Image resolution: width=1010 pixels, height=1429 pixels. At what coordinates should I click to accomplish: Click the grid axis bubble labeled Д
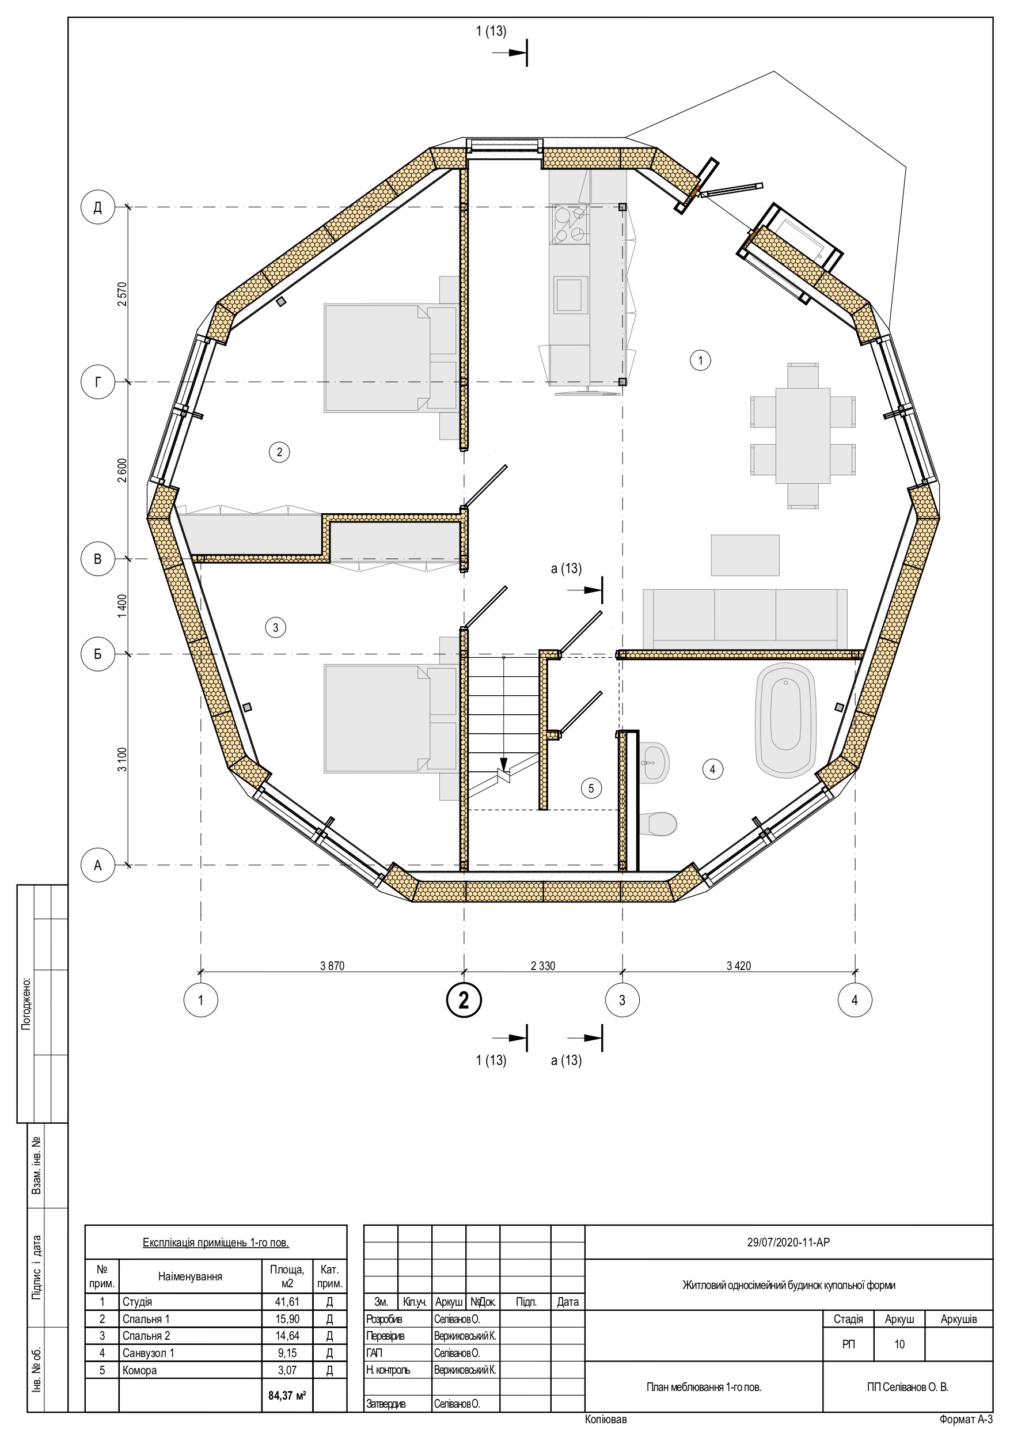pyautogui.click(x=98, y=207)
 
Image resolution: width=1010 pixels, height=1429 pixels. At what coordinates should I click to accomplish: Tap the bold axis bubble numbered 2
pyautogui.click(x=464, y=999)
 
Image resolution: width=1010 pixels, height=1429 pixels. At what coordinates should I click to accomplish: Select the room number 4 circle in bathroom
pyautogui.click(x=712, y=770)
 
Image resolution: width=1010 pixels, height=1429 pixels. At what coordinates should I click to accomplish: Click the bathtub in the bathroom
pyautogui.click(x=785, y=719)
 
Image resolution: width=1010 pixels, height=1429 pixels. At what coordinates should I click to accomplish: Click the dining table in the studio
pyautogui.click(x=802, y=435)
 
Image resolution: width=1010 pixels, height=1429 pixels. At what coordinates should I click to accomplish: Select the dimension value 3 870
pyautogui.click(x=332, y=966)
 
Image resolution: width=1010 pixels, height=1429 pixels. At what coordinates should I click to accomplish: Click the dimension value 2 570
pyautogui.click(x=122, y=294)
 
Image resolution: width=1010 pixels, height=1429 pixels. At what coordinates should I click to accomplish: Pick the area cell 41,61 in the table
pyautogui.click(x=287, y=1301)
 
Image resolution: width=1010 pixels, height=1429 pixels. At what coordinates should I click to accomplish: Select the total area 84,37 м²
pyautogui.click(x=287, y=1396)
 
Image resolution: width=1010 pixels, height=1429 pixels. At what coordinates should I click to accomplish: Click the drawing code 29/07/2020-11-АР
pyautogui.click(x=788, y=1242)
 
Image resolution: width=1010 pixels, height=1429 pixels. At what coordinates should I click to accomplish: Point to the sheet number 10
pyautogui.click(x=899, y=1344)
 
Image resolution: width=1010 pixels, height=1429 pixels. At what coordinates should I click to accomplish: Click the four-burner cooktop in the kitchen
pyautogui.click(x=569, y=225)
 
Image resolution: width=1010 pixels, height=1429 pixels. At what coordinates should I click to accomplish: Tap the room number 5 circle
pyautogui.click(x=591, y=789)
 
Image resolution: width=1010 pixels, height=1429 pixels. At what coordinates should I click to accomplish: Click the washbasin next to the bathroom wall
pyautogui.click(x=654, y=763)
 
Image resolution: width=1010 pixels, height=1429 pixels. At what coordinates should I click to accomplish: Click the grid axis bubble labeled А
pyautogui.click(x=98, y=865)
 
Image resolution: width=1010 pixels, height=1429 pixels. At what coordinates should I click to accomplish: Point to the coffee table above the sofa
pyautogui.click(x=745, y=555)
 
